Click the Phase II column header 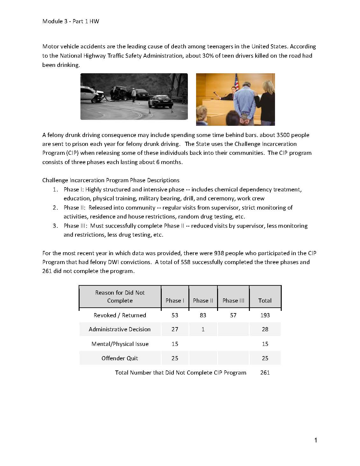[203, 300]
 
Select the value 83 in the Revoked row [203, 315]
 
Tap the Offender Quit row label [120, 358]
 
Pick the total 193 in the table [265, 315]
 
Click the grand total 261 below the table [265, 372]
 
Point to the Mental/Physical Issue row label [120, 344]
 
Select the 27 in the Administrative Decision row [175, 329]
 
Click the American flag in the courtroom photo [236, 82]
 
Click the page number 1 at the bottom [315, 441]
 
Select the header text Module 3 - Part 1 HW [71, 21]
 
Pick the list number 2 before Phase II [55, 208]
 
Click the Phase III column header [233, 300]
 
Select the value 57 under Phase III [233, 315]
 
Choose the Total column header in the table [265, 300]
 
